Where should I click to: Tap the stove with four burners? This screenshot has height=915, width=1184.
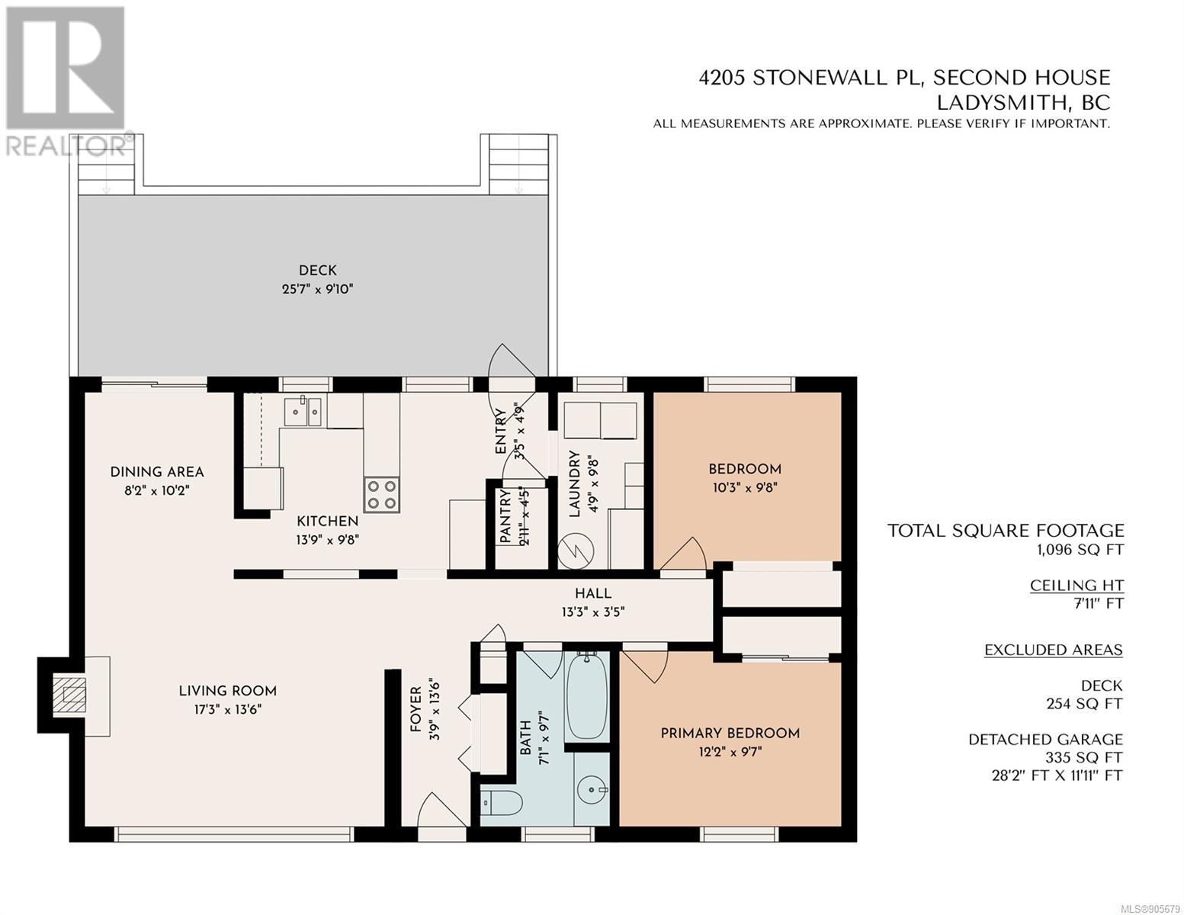pyautogui.click(x=381, y=494)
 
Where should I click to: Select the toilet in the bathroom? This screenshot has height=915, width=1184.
pyautogui.click(x=502, y=802)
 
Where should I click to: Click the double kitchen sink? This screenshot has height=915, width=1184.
pyautogui.click(x=303, y=412)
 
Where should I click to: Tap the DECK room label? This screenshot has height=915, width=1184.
pyautogui.click(x=318, y=270)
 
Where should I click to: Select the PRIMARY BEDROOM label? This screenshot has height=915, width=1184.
pyautogui.click(x=730, y=733)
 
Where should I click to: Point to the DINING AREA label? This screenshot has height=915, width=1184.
pyautogui.click(x=157, y=472)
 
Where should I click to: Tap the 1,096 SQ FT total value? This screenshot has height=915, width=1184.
pyautogui.click(x=1080, y=549)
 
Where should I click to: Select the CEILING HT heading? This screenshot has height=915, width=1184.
pyautogui.click(x=1077, y=586)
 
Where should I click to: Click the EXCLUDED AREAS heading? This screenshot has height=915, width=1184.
pyautogui.click(x=1054, y=650)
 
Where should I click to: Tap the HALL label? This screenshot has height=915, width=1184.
pyautogui.click(x=593, y=593)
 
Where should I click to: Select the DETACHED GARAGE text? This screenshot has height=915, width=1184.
pyautogui.click(x=1045, y=740)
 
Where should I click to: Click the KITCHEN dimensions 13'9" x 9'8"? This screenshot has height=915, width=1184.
pyautogui.click(x=328, y=540)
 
